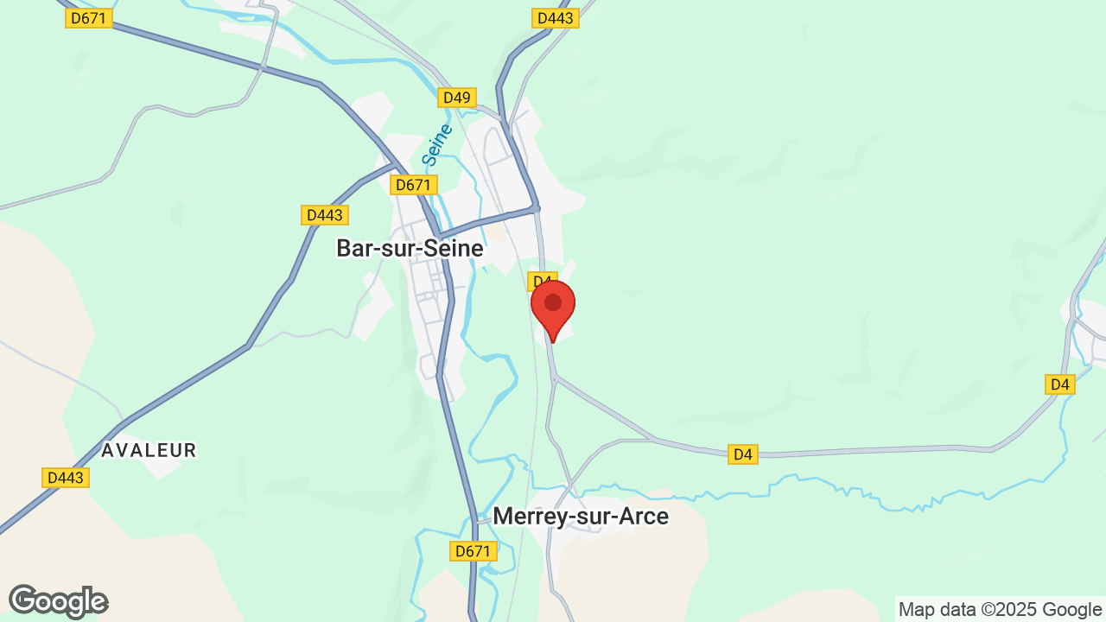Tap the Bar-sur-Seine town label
click(410, 248)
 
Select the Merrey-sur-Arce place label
click(581, 517)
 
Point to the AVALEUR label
click(149, 450)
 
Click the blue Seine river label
click(437, 145)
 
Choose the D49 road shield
click(456, 98)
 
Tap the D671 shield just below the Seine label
click(414, 185)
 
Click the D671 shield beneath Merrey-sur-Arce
click(473, 551)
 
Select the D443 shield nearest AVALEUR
click(66, 478)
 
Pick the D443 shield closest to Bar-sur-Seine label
click(324, 215)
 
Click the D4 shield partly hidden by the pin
click(538, 281)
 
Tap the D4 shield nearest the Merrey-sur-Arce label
click(742, 454)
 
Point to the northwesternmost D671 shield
click(89, 18)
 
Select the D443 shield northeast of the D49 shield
click(555, 18)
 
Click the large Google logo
click(58, 601)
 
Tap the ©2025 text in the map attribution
click(998, 610)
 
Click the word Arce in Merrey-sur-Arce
click(645, 517)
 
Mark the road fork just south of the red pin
click(555, 377)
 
